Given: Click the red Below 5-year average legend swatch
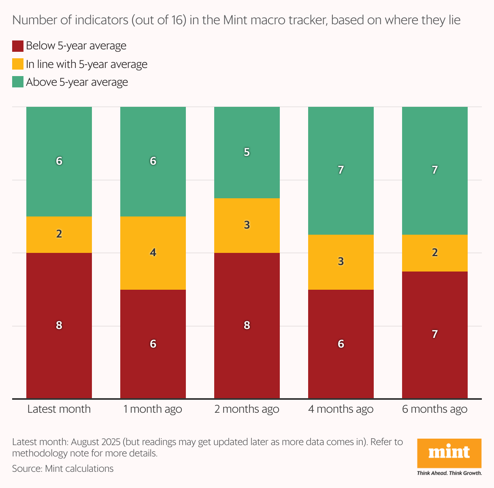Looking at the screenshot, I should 18,46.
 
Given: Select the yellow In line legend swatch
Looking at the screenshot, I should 18,64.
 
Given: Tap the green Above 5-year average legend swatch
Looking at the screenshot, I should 18,82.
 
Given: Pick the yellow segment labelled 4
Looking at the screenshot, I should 153,253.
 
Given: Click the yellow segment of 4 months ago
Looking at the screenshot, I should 341,262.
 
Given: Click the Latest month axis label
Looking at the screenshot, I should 59,409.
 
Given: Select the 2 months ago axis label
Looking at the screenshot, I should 247,409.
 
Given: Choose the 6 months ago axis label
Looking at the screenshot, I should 435,409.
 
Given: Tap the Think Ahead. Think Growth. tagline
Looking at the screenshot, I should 449,473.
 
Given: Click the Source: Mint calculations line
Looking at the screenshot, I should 63,469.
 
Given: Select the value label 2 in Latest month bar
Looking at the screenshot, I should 59,234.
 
